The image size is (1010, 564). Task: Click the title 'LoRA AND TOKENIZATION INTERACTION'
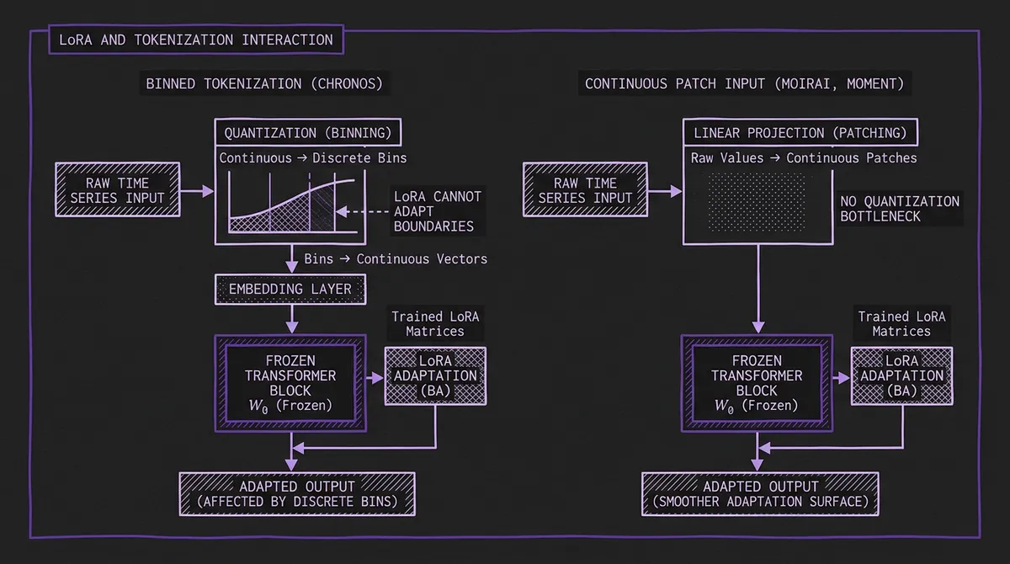(x=196, y=40)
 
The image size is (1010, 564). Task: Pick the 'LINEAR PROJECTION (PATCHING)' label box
(x=800, y=133)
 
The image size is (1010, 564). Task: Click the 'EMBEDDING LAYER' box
(x=290, y=290)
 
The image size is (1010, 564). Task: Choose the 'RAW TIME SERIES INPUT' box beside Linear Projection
(x=585, y=191)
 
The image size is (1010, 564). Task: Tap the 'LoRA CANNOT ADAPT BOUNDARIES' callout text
(x=438, y=211)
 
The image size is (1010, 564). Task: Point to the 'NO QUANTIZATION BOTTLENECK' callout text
(x=900, y=209)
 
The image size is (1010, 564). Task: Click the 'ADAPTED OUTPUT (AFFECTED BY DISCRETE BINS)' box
(x=297, y=494)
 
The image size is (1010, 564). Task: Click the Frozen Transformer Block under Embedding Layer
(x=290, y=382)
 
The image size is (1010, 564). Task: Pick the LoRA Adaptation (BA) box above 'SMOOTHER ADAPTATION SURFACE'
(x=902, y=375)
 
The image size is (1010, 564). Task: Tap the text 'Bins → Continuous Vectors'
(x=396, y=258)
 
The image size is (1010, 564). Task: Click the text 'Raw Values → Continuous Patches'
(x=804, y=158)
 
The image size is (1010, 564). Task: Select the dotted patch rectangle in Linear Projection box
(x=757, y=201)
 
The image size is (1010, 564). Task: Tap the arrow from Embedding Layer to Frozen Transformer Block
(x=291, y=317)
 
